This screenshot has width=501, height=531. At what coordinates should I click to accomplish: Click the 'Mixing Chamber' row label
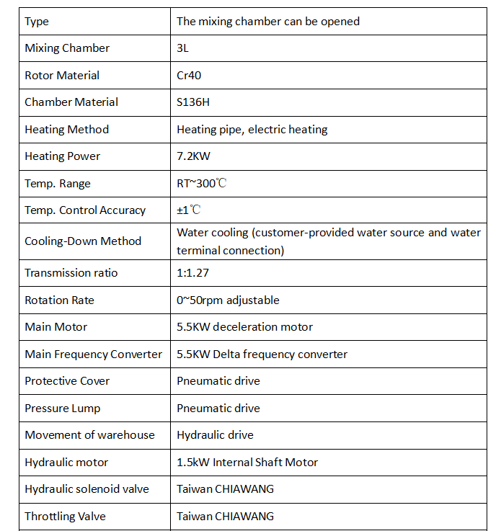point(67,48)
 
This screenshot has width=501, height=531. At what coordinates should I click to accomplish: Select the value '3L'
point(183,48)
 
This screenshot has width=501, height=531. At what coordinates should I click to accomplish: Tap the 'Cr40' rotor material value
point(189,75)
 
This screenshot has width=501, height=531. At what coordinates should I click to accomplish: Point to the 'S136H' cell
point(193,102)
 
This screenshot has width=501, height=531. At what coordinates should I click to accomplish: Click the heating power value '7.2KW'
point(193,156)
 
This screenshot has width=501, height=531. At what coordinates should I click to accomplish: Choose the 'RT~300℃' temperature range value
point(202,183)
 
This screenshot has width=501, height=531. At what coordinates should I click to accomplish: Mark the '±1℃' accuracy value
point(189,210)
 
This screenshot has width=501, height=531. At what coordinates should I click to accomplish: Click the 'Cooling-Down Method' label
point(83,241)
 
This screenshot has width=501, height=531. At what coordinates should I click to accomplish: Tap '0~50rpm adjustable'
point(228,300)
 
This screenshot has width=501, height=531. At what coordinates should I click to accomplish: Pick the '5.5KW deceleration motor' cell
point(245,327)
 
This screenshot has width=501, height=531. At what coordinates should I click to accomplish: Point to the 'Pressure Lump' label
point(63,409)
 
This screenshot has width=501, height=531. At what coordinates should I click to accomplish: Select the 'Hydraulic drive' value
point(215,435)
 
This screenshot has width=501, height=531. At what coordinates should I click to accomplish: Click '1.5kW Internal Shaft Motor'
point(247,463)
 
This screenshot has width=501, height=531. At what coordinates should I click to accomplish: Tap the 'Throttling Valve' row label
point(65,516)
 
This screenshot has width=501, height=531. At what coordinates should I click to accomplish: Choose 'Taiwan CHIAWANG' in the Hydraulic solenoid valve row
point(225,489)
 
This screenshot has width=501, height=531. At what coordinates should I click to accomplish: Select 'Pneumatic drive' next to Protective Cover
point(218,381)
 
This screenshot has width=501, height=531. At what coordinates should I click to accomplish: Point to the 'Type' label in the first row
point(37,22)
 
